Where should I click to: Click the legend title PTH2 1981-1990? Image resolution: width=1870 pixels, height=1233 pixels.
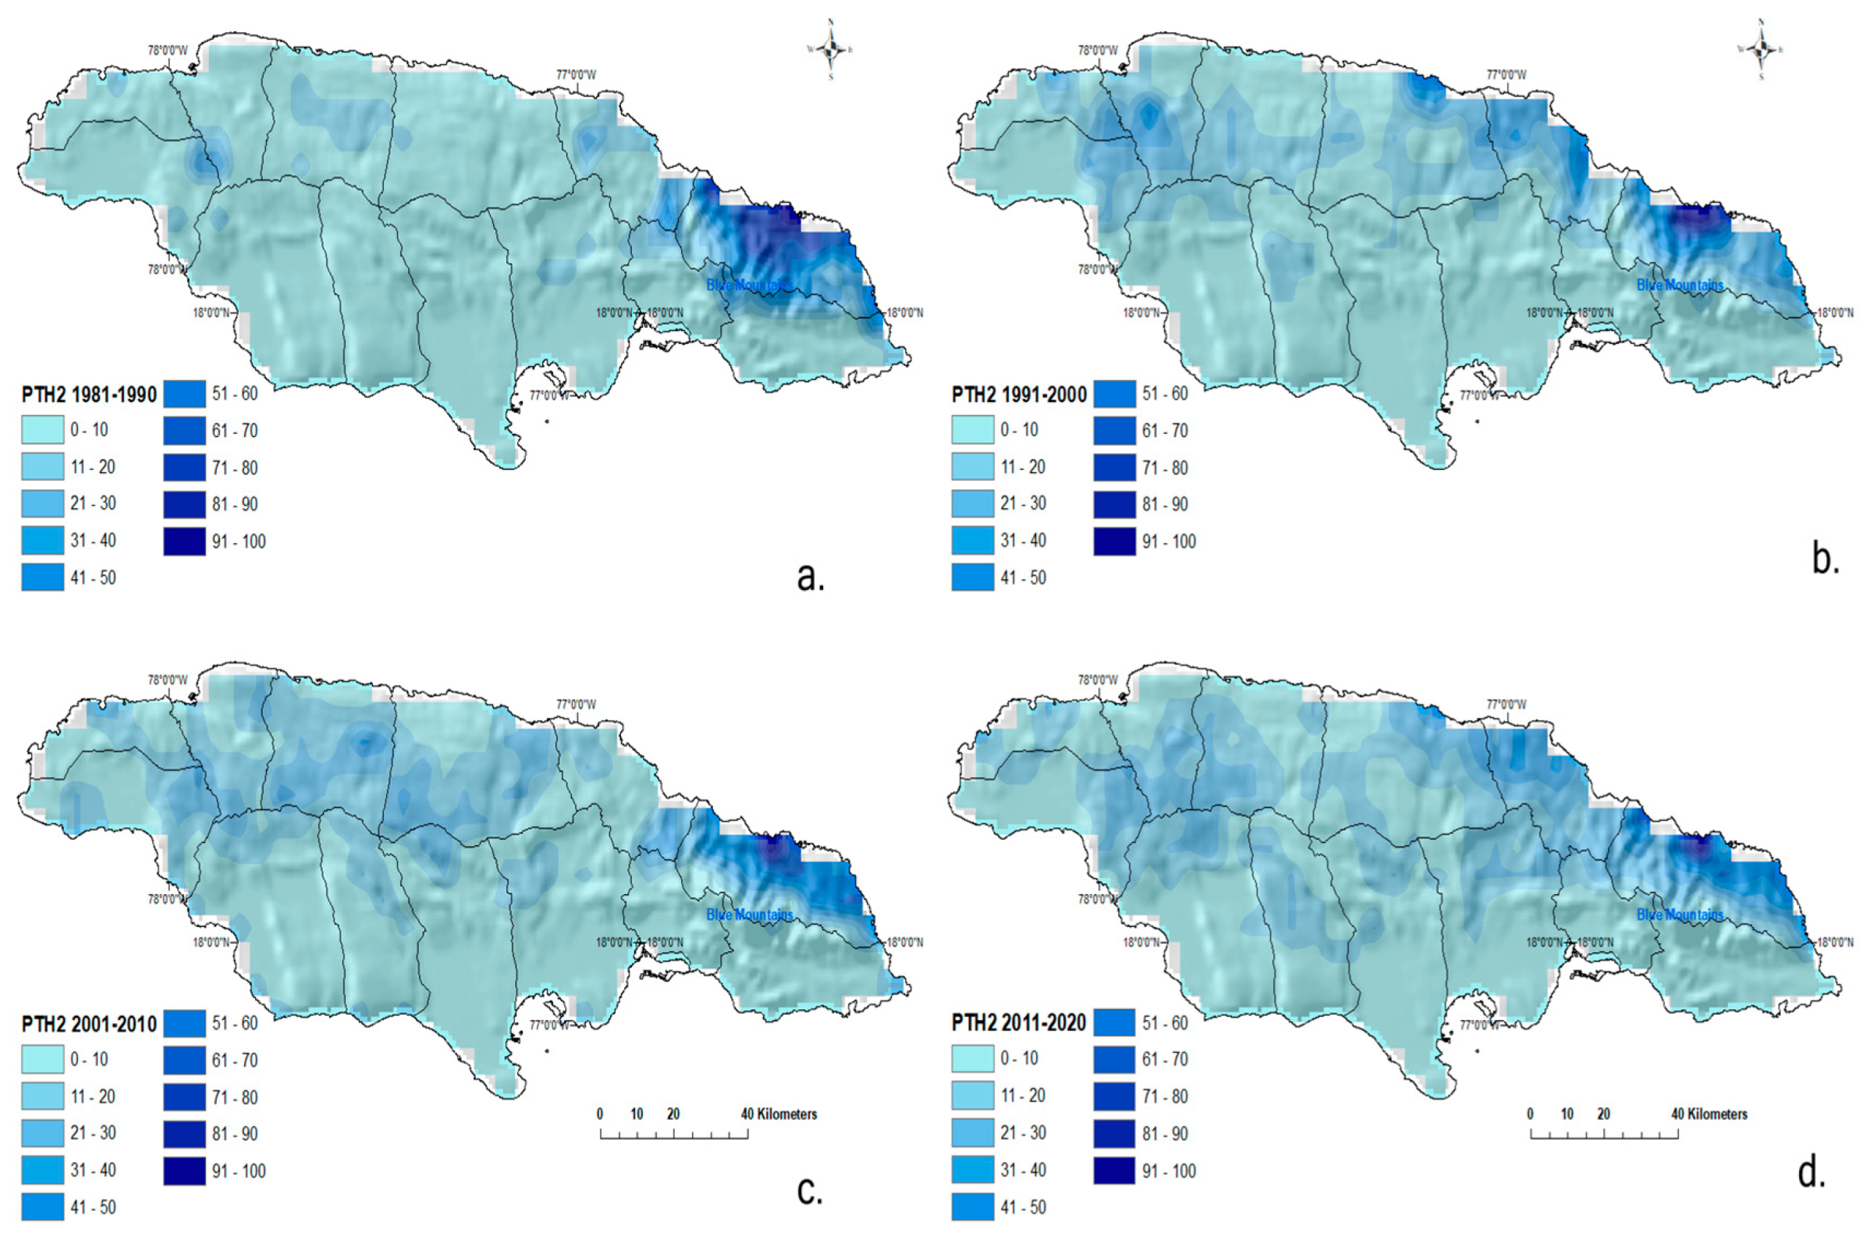[89, 395]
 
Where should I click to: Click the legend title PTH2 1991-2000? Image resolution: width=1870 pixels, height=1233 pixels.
[1020, 395]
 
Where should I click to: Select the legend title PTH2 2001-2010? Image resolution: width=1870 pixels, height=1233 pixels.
[89, 1025]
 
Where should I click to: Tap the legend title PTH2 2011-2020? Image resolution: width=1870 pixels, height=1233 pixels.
[1020, 1023]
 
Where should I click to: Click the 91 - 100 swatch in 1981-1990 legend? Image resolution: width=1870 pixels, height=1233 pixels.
[185, 541]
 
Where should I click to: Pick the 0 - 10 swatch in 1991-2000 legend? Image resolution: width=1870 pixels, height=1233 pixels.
[972, 430]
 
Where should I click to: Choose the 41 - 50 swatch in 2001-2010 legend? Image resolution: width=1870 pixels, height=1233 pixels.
[42, 1206]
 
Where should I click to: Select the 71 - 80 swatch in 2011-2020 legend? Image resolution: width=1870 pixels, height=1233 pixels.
[1114, 1096]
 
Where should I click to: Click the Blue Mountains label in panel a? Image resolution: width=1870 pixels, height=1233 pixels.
[749, 285]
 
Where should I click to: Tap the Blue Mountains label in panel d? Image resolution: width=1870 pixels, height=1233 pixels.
[1680, 915]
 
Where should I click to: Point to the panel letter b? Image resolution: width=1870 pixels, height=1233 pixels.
[1826, 559]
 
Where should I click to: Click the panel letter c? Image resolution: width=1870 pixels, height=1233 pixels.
[810, 1190]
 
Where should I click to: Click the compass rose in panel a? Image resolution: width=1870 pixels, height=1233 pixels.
[830, 49]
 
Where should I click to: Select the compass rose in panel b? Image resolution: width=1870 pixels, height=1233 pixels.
[1761, 49]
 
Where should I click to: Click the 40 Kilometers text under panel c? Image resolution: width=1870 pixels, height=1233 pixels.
[778, 1114]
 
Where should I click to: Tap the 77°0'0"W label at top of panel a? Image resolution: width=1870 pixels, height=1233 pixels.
[577, 76]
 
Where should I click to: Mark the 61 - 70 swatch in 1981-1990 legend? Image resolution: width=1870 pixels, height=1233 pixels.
[185, 430]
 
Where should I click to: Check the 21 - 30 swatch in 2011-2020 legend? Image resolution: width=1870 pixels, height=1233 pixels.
[972, 1133]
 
